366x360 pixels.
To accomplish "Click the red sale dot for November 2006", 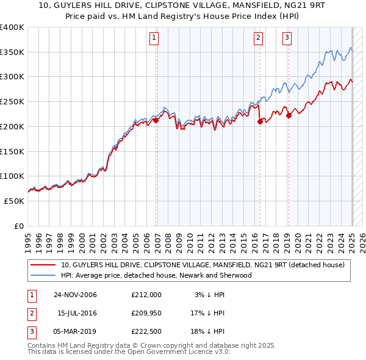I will tap(156, 120).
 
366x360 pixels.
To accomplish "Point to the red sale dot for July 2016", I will tap(260, 121).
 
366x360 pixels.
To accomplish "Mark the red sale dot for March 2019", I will tap(289, 115).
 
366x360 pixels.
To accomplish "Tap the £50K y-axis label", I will tap(14, 201).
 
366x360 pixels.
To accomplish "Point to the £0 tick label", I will tap(20, 226).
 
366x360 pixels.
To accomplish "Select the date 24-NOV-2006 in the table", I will tap(74, 295).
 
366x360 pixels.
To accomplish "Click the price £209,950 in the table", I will tap(146, 314).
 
